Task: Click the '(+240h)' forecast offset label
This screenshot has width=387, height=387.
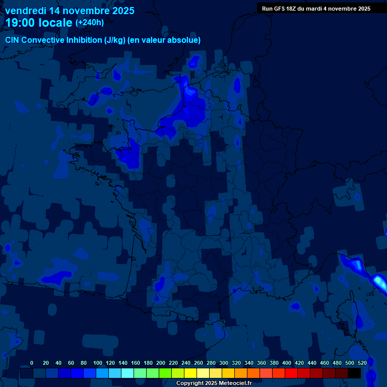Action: coord(90,22)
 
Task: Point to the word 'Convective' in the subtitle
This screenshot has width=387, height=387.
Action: coord(44,40)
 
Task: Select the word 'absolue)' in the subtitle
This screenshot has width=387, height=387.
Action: coord(185,40)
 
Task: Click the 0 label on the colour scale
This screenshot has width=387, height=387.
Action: coord(32,363)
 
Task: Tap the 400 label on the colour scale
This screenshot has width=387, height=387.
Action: coord(287,363)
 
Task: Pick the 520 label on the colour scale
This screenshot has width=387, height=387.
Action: coord(362,363)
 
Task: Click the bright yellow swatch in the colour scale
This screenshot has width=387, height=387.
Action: coord(190,373)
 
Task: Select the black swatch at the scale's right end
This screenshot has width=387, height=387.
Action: coord(354,373)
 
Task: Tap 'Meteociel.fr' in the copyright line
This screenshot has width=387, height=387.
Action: coord(235,383)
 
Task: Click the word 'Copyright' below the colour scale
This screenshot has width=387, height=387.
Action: coord(189,383)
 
